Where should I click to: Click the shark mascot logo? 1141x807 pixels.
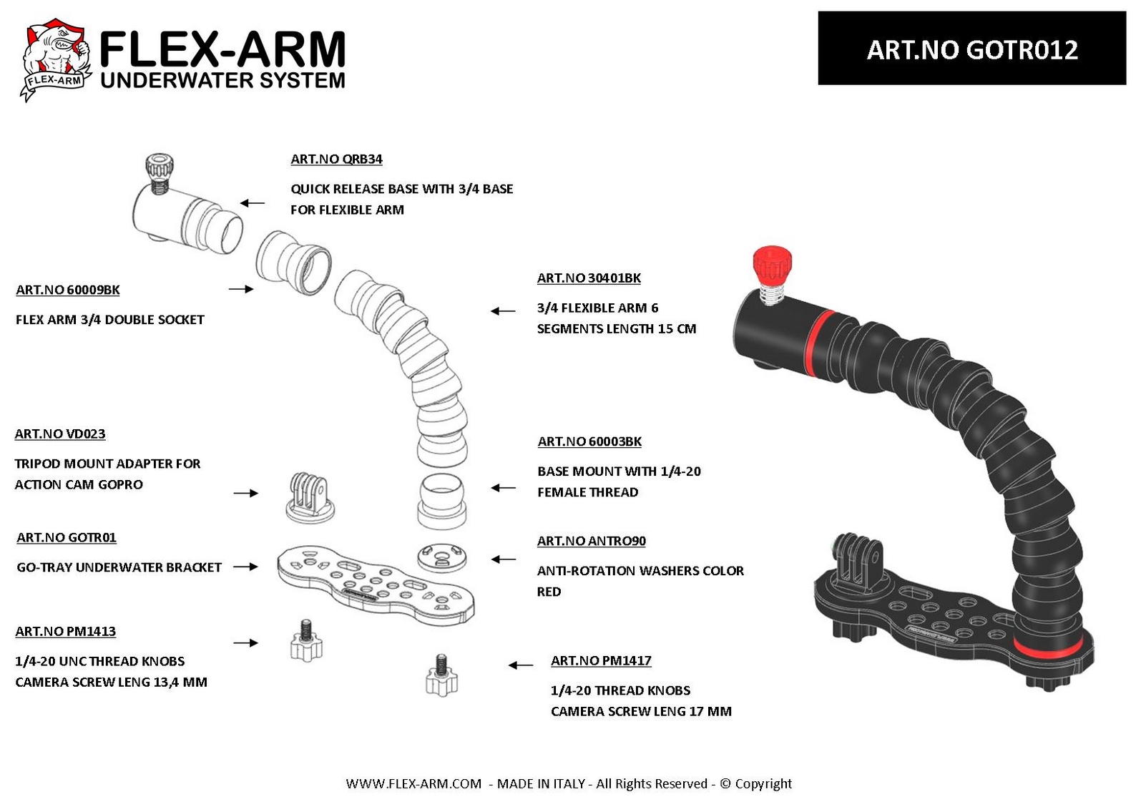56,59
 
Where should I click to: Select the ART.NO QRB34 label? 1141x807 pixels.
336,160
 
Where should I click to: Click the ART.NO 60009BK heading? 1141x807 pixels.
68,290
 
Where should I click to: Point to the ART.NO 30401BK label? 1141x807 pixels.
589,278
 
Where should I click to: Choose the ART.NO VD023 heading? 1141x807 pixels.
60,434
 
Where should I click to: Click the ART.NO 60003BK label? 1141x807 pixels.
589,441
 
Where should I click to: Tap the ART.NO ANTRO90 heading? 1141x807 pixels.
592,541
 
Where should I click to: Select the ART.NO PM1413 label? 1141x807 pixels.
66,632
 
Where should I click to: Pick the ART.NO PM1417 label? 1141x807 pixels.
601,661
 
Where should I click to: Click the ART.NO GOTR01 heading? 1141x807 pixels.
67,538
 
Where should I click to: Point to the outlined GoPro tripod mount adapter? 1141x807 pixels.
310,497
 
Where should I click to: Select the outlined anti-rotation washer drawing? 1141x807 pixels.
441,558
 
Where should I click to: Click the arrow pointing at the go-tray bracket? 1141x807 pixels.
245,567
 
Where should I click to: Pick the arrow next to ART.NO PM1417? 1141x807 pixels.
521,665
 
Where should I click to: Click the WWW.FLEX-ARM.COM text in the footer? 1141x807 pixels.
413,783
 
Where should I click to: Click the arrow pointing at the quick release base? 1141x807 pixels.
252,203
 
